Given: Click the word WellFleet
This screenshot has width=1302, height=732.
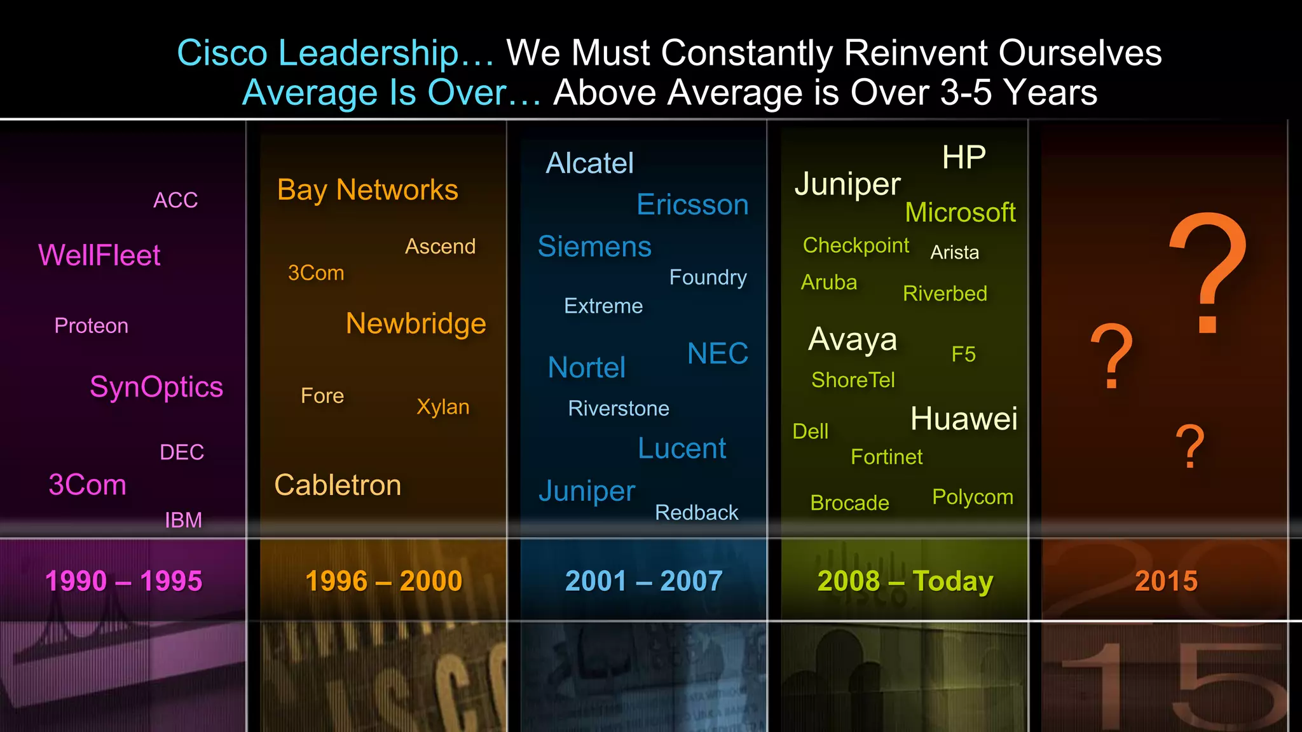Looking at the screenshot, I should click(99, 255).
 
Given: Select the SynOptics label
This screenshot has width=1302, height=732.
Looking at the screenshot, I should click(156, 387).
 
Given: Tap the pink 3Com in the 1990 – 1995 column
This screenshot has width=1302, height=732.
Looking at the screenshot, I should click(88, 485).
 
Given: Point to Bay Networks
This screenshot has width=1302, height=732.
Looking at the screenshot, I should click(367, 190).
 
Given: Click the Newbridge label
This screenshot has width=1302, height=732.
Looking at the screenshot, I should click(416, 323).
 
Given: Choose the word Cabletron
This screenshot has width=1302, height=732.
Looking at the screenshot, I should click(338, 485).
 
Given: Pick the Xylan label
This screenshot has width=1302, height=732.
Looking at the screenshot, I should click(443, 407).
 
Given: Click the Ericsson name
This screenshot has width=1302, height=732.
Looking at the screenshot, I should click(692, 205).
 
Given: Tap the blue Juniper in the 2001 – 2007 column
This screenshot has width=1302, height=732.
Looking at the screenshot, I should click(587, 491).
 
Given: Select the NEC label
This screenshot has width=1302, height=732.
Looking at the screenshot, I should click(718, 353).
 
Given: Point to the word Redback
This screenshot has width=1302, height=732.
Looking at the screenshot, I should click(697, 512).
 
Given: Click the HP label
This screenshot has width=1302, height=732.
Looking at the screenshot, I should click(964, 157).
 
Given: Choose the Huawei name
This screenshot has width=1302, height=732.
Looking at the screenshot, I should click(964, 419).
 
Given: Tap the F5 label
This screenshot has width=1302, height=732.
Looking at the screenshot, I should click(963, 354).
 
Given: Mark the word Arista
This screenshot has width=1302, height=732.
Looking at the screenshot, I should click(954, 252).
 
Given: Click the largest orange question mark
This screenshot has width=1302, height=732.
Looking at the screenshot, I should click(1208, 273).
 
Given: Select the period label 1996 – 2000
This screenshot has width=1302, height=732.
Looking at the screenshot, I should click(383, 581).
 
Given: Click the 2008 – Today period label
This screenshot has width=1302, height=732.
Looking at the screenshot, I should click(905, 581).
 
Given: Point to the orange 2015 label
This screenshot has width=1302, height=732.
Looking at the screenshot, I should click(1166, 581).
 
